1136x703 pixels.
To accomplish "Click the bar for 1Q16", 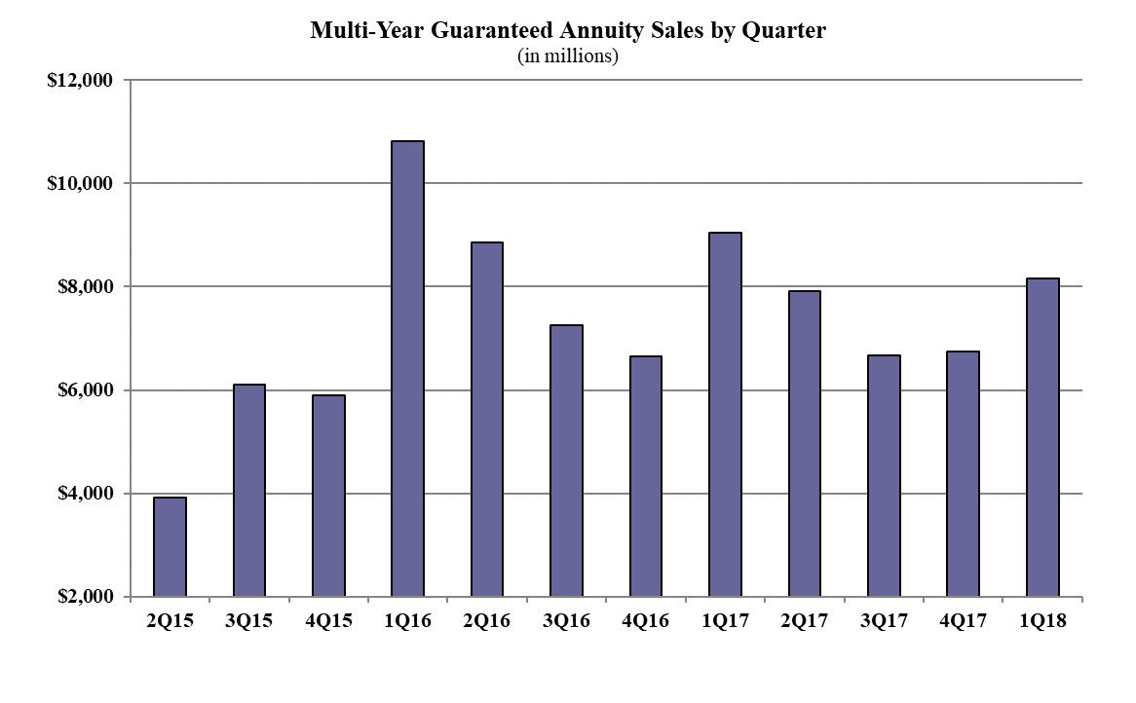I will [x=407, y=369].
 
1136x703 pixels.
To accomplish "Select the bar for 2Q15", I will [x=170, y=547].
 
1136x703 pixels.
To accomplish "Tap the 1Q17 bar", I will [x=725, y=415].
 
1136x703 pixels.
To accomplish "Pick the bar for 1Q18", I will [x=1042, y=438].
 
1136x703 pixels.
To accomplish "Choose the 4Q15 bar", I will [x=328, y=496].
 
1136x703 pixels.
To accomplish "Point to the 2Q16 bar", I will [x=487, y=420].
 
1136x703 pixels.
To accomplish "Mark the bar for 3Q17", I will [x=884, y=476].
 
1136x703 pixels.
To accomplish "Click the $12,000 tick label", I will [x=80, y=81].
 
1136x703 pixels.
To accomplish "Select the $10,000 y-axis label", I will [x=80, y=184].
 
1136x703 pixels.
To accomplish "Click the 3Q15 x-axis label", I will [x=248, y=621].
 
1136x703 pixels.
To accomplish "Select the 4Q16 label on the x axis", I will [x=645, y=621].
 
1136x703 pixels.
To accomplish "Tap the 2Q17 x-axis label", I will [x=804, y=621].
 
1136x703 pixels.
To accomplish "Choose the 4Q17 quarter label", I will [x=963, y=621].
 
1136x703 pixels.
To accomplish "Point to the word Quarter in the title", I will [x=785, y=31].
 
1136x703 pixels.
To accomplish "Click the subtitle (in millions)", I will [x=568, y=55].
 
